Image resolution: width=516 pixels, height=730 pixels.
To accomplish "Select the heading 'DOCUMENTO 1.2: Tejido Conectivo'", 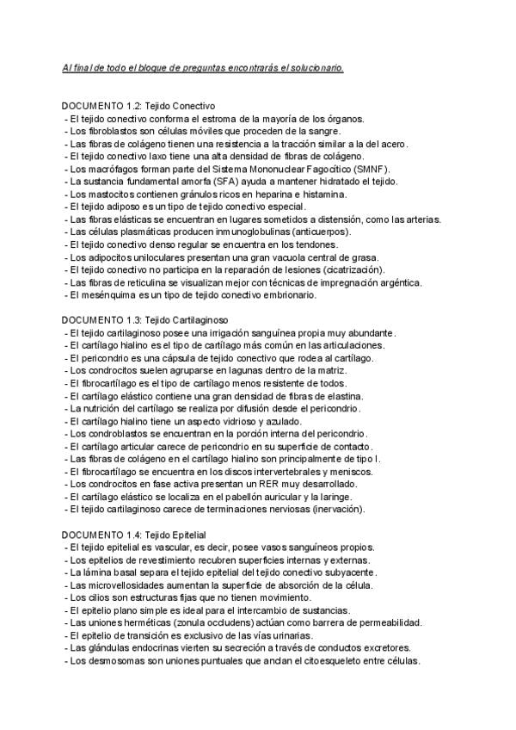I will (x=138, y=106).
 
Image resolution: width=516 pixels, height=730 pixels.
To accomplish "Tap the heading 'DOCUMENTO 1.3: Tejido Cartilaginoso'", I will (x=144, y=319).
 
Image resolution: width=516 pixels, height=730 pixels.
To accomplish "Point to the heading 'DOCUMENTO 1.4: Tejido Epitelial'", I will (x=135, y=534).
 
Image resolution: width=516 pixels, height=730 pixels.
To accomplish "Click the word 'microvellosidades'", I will (x=119, y=585).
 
